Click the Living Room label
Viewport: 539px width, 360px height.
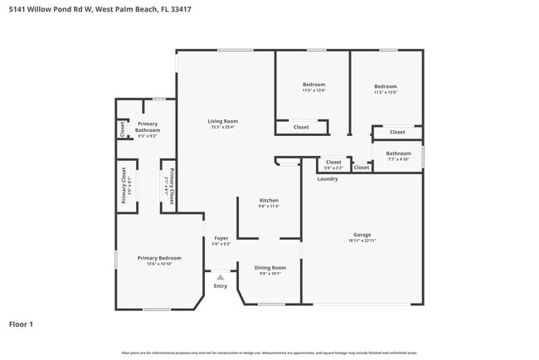pyautogui.click(x=222, y=121)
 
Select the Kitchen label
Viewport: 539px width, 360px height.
pyautogui.click(x=268, y=200)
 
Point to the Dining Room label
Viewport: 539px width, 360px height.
pyautogui.click(x=269, y=267)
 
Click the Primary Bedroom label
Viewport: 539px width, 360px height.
pyautogui.click(x=159, y=258)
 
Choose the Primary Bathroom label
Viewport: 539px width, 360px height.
pyautogui.click(x=148, y=127)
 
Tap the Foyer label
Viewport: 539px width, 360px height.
pyautogui.click(x=221, y=238)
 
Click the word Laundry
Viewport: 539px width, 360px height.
pyautogui.click(x=327, y=178)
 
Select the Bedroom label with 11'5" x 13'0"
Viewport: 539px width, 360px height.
pyautogui.click(x=313, y=85)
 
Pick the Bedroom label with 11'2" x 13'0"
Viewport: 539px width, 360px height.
pyautogui.click(x=386, y=86)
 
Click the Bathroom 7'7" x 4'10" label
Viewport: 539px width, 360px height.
pyautogui.click(x=398, y=153)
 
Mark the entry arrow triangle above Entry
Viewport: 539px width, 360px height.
pyautogui.click(x=220, y=277)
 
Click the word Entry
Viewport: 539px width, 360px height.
pyautogui.click(x=220, y=286)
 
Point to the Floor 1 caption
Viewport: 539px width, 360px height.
pyautogui.click(x=21, y=324)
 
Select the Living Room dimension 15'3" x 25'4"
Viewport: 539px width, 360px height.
pyautogui.click(x=222, y=127)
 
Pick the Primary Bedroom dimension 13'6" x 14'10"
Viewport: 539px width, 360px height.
pyautogui.click(x=159, y=264)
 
